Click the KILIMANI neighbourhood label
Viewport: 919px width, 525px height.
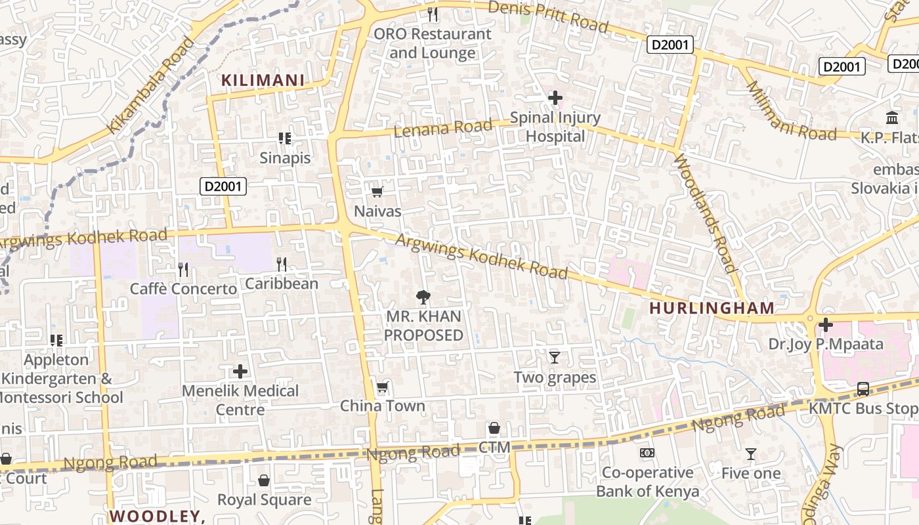pos(263,81)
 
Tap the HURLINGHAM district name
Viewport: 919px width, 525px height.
pos(712,308)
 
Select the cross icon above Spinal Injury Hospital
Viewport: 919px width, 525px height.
pos(555,98)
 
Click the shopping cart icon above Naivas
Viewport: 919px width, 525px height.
pos(377,192)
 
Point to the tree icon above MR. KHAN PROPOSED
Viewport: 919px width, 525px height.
pos(423,297)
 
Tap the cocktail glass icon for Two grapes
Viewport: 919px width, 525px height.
pos(555,358)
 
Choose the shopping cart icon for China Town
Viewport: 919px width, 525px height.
pos(382,387)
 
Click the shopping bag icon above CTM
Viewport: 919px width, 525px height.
pos(494,429)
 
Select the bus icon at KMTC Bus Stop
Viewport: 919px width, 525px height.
pos(863,389)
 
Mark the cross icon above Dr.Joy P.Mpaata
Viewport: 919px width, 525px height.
pos(825,325)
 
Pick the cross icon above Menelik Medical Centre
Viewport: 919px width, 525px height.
pos(240,371)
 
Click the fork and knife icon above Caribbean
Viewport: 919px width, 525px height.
pos(282,264)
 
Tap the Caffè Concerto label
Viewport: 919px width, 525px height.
pos(183,289)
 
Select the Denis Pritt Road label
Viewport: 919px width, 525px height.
pos(549,16)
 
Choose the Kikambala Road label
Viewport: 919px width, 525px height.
pos(152,85)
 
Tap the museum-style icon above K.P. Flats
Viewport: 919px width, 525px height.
pos(892,117)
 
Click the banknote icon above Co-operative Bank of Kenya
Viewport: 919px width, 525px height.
pos(647,453)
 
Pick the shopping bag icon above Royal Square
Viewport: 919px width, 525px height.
pos(264,480)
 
